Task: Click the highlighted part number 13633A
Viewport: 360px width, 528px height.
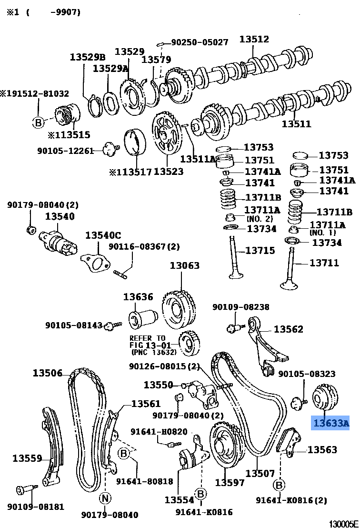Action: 330,423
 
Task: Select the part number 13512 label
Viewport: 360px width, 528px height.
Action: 254,40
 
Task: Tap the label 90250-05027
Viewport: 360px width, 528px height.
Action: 200,42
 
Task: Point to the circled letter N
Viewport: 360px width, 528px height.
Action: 105,498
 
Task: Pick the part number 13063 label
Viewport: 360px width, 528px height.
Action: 185,265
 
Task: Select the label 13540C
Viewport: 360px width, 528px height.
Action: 103,235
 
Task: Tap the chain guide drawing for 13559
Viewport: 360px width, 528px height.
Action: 52,446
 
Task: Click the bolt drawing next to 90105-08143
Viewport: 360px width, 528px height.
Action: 112,325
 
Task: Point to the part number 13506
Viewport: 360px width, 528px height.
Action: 48,373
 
